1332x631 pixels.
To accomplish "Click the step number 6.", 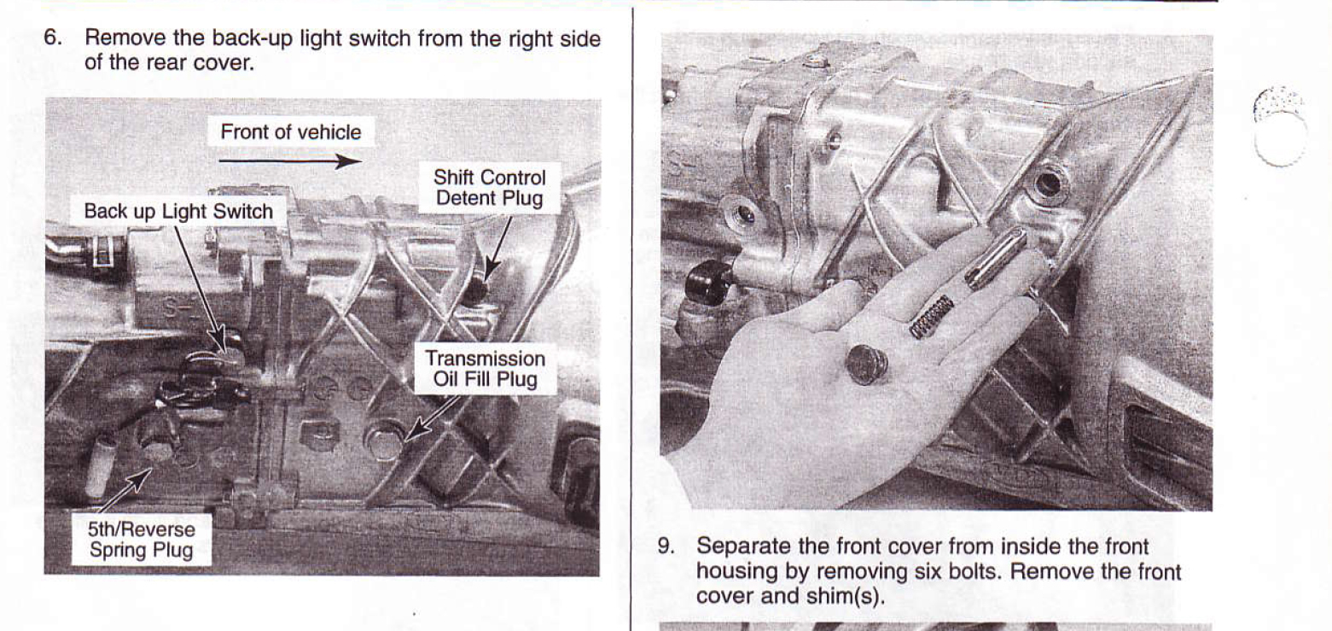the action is [52, 38].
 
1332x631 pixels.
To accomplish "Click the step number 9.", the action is [666, 546].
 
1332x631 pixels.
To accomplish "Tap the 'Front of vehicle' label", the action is [291, 131].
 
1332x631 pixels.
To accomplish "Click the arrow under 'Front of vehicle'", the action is [290, 161].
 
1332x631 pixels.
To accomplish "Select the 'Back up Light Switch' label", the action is [178, 211].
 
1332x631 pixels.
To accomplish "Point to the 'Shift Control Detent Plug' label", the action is [490, 188].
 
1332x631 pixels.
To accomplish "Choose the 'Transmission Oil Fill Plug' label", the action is [486, 369].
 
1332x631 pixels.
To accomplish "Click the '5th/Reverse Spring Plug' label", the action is [142, 539].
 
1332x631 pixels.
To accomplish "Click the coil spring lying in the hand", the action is [932, 317].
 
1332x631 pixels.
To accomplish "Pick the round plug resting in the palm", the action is [866, 364].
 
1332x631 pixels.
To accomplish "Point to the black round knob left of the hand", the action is [707, 281].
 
